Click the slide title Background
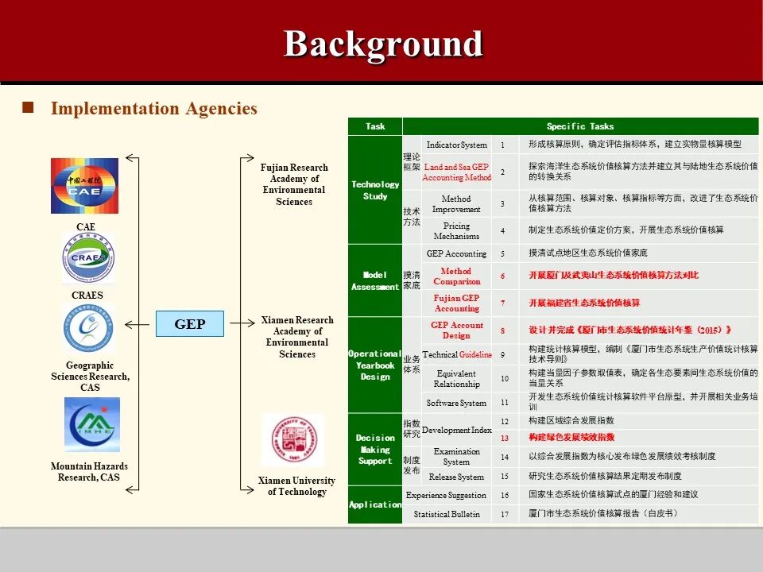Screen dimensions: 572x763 [383, 44]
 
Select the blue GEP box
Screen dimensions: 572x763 [190, 323]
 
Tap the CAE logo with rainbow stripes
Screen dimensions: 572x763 [84, 186]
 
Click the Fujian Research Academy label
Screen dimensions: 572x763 [294, 184]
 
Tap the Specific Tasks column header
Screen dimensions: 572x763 [580, 126]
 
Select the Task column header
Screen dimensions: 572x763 [375, 126]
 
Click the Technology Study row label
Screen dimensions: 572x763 [375, 190]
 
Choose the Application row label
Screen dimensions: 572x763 [375, 504]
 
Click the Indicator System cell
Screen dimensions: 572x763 [456, 145]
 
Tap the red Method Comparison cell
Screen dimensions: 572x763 [456, 276]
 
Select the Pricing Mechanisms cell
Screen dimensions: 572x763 [456, 231]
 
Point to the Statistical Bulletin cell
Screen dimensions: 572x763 [447, 514]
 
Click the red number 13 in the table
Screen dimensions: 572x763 [504, 438]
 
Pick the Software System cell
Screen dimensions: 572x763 [456, 403]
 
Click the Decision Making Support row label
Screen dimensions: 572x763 [375, 449]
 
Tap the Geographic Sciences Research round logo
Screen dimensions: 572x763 [89, 329]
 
